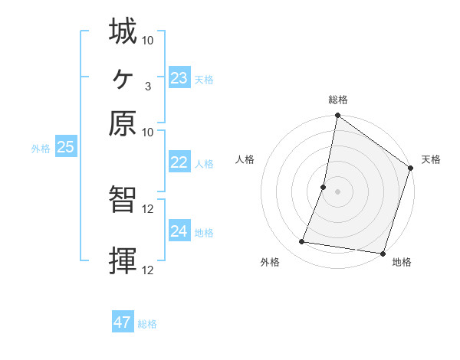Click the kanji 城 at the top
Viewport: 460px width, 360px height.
point(123,32)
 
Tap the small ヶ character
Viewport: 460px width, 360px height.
point(123,77)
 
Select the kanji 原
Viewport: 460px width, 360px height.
point(123,123)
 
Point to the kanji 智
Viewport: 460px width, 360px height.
point(123,201)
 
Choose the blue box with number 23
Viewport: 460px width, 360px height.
point(179,78)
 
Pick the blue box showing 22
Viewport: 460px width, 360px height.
point(179,162)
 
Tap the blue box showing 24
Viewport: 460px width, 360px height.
point(179,231)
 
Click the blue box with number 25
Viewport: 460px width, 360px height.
point(66,148)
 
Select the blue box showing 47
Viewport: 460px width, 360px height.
point(123,322)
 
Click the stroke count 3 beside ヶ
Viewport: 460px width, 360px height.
point(147,86)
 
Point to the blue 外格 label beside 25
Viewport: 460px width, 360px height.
point(40,149)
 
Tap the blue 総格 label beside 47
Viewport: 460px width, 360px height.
point(147,324)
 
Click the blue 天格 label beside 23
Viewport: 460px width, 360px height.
point(204,80)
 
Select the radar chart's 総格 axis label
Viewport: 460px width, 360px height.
point(338,100)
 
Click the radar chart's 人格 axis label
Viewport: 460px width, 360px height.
point(245,159)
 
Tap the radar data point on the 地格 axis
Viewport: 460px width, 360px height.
point(383,253)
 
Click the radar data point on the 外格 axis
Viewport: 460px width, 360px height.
point(302,242)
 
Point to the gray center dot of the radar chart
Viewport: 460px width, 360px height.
point(338,191)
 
